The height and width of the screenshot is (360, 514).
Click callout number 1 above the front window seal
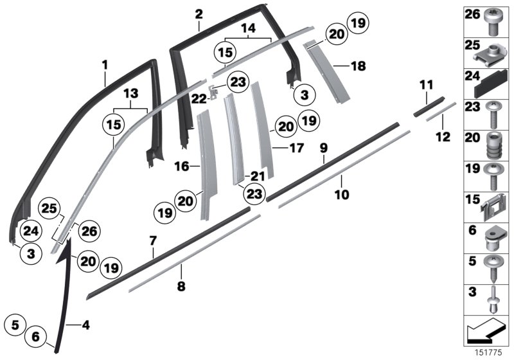[x=105, y=65]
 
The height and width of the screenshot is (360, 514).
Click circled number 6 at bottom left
[x=36, y=336]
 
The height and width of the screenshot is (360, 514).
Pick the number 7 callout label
[x=153, y=241]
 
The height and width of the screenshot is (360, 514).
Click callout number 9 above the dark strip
[x=324, y=148]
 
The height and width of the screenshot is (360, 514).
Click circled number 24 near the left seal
[x=30, y=230]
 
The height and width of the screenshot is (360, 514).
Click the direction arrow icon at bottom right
[x=484, y=332]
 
